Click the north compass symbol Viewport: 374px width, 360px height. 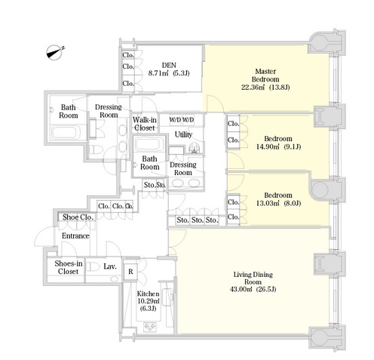pos(54,53)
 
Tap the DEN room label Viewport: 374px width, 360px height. pos(169,65)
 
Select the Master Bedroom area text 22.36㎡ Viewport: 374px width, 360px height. pos(253,88)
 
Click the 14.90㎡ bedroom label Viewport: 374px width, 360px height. pos(278,143)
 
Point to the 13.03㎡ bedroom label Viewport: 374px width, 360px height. pos(278,199)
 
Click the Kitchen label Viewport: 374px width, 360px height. pos(148,294)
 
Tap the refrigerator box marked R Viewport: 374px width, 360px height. pos(130,272)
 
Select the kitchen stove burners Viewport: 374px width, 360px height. pos(150,327)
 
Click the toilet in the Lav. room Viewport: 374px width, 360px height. pos(93,267)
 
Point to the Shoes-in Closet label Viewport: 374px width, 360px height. pos(68,267)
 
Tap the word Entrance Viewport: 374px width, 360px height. pos(75,235)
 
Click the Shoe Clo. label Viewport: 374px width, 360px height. pos(78,217)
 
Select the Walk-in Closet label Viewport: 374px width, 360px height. pos(145,124)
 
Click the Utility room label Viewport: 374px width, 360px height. pos(183,134)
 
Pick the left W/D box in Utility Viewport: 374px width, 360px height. pos(175,120)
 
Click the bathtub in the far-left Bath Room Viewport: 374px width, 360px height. pos(66,132)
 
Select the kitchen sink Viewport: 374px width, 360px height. pos(167,297)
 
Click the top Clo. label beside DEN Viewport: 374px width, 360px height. pos(128,55)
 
